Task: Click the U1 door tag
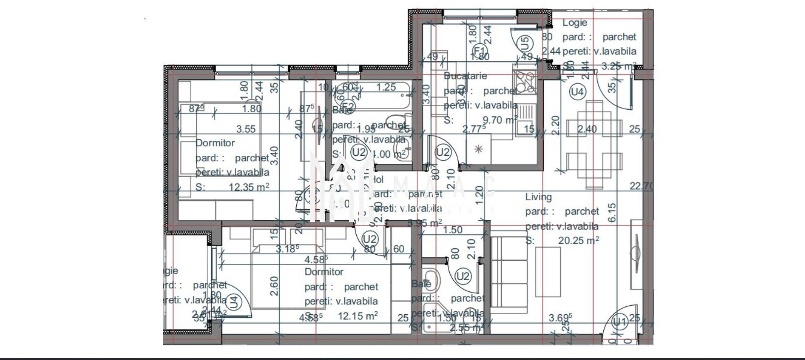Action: (x=620, y=322)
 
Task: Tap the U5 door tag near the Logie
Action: (x=524, y=43)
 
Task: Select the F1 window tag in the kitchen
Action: (x=479, y=50)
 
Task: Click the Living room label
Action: (x=538, y=197)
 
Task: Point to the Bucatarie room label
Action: (x=465, y=76)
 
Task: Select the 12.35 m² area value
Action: (x=249, y=187)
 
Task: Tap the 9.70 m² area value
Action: (x=499, y=120)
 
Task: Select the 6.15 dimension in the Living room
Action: (x=612, y=212)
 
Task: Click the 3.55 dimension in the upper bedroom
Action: (x=246, y=129)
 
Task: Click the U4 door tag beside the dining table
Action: (x=577, y=92)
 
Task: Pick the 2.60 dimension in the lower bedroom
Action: (x=274, y=286)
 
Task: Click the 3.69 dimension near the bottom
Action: (x=560, y=318)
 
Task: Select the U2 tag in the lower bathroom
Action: (x=463, y=276)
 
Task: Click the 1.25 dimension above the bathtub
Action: (x=386, y=87)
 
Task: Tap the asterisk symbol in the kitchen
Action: (x=479, y=149)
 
